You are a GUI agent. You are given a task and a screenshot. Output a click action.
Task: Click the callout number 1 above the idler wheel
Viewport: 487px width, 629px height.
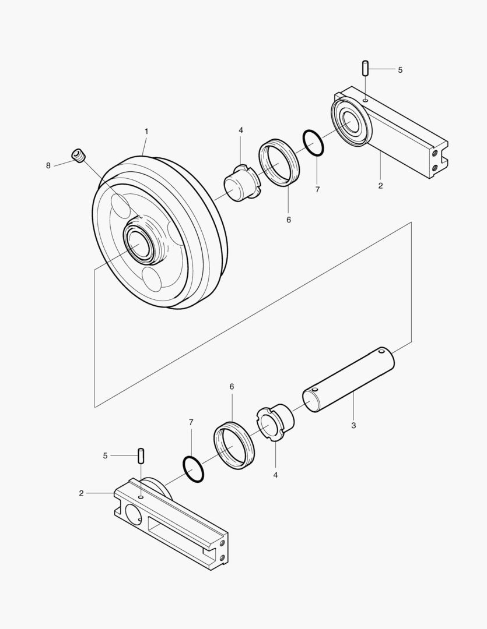pyautogui.click(x=146, y=132)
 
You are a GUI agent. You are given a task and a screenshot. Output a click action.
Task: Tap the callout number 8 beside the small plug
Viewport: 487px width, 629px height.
pyautogui.click(x=48, y=165)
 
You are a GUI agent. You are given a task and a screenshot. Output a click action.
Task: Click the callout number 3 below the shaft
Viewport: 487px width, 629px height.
pyautogui.click(x=353, y=426)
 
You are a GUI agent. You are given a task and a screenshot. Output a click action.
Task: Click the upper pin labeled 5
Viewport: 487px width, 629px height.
pyautogui.click(x=365, y=68)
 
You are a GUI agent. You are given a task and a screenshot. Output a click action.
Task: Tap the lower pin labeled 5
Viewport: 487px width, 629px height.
pyautogui.click(x=141, y=455)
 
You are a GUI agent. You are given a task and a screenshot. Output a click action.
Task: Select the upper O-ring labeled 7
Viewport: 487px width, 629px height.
pyautogui.click(x=313, y=143)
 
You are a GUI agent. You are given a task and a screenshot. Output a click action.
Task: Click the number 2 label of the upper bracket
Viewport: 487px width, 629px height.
pyautogui.click(x=380, y=186)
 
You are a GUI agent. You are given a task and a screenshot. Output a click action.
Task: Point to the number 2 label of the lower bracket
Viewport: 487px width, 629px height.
pyautogui.click(x=81, y=493)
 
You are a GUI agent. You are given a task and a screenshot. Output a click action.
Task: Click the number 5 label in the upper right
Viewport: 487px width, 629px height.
pyautogui.click(x=400, y=70)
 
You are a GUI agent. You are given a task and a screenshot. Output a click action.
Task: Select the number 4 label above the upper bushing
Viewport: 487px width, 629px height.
pyautogui.click(x=241, y=130)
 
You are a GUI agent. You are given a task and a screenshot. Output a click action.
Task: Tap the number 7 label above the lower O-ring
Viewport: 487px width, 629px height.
pyautogui.click(x=190, y=422)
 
